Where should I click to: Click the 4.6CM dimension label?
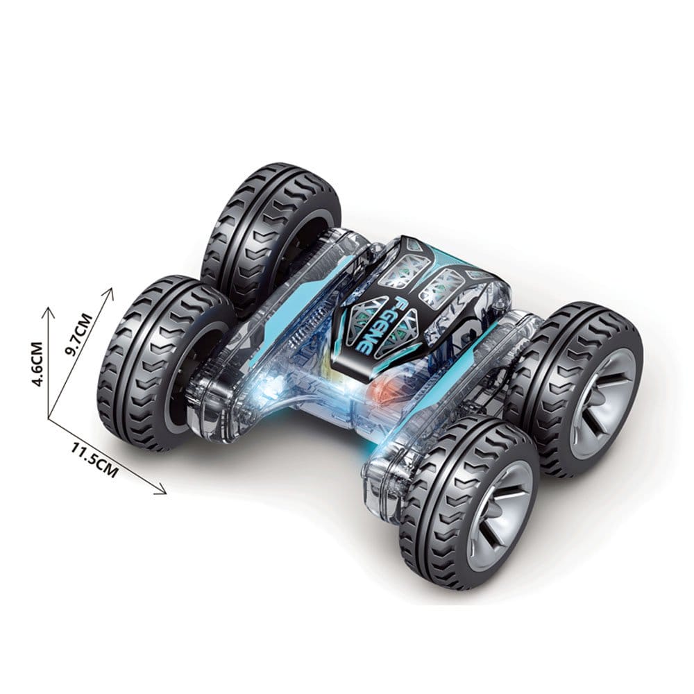coord(38,364)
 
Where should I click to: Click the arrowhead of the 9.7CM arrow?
coord(109,294)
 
